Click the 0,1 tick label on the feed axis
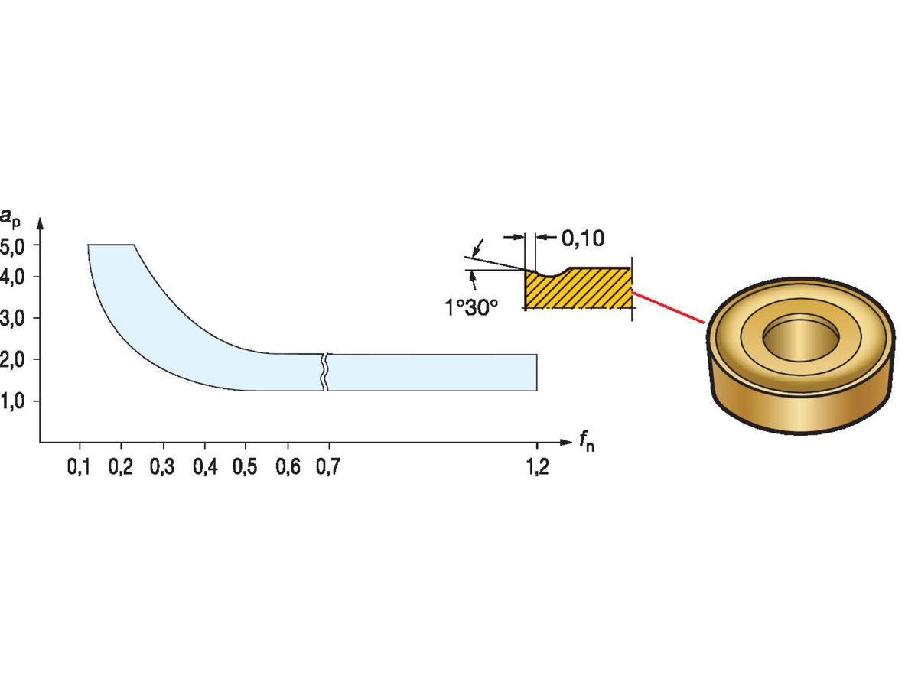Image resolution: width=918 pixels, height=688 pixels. pyautogui.click(x=79, y=466)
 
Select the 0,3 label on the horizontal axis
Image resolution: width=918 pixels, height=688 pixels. pyautogui.click(x=162, y=466)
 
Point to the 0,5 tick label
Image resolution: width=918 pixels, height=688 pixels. pyautogui.click(x=245, y=466)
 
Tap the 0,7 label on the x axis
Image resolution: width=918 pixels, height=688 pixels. pyautogui.click(x=328, y=466)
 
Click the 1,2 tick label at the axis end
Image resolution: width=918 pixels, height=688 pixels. pyautogui.click(x=538, y=466)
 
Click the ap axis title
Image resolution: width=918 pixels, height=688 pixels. pyautogui.click(x=10, y=219)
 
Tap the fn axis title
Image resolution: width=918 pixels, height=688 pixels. pyautogui.click(x=587, y=442)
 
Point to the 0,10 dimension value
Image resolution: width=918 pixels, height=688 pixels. pyautogui.click(x=583, y=239)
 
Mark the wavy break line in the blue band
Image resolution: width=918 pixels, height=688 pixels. pyautogui.click(x=325, y=372)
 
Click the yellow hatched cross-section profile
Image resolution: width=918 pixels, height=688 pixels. pyautogui.click(x=578, y=289)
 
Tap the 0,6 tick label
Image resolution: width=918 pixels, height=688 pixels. pyautogui.click(x=288, y=466)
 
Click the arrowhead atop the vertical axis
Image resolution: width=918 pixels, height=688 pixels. pyautogui.click(x=40, y=223)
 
